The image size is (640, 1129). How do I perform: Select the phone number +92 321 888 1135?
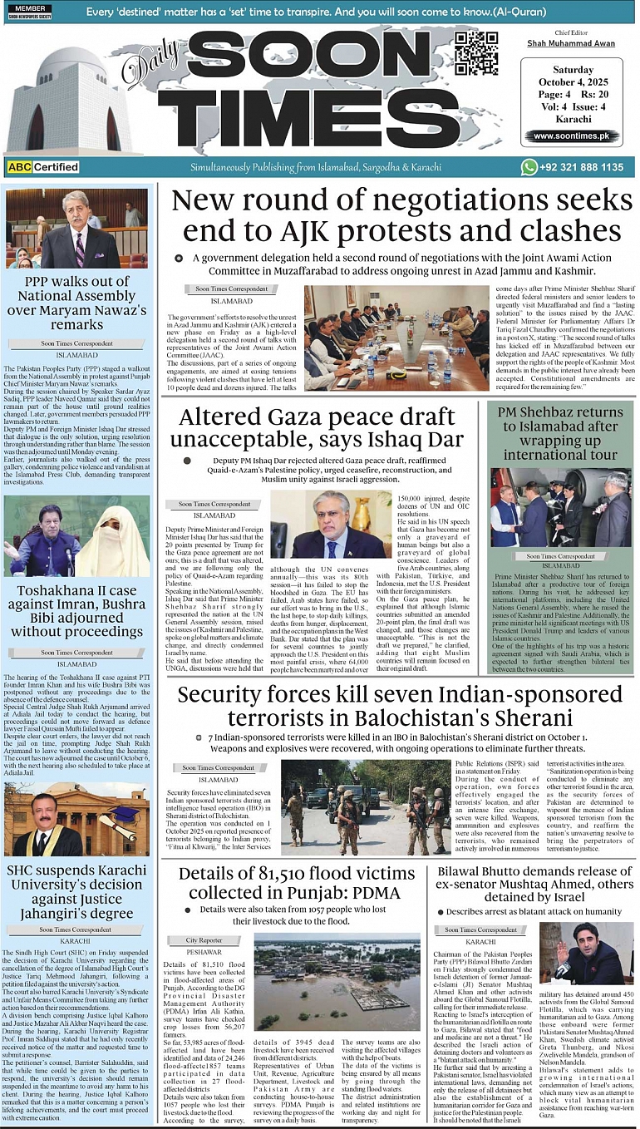[x=581, y=167]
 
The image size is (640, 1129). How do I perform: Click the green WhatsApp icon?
[x=529, y=167]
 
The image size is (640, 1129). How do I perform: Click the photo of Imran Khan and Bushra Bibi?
[x=77, y=536]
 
